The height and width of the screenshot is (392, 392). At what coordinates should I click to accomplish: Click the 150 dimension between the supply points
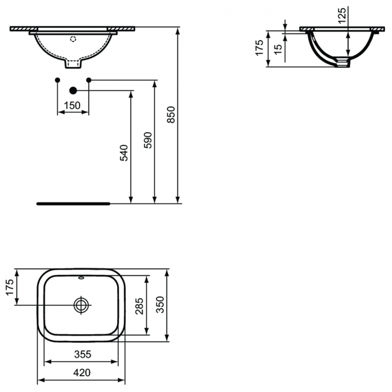tap(72, 106)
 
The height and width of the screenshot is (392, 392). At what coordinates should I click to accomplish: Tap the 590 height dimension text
tap(148, 140)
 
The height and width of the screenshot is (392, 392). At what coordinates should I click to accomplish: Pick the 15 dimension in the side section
tap(278, 49)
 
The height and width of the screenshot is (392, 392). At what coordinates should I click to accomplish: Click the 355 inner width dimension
tap(83, 354)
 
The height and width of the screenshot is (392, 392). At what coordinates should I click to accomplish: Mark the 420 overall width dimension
tap(83, 373)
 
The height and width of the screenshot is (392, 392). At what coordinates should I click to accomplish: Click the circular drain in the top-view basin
tap(82, 305)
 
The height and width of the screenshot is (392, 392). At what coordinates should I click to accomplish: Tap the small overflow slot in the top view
tap(82, 279)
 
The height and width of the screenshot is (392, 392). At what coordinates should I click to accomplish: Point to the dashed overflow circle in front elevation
tap(73, 39)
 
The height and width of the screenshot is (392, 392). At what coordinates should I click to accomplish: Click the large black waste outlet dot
tap(73, 90)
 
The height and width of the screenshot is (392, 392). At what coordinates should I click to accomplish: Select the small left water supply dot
tap(57, 79)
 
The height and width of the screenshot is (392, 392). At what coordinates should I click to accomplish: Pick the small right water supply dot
tap(88, 79)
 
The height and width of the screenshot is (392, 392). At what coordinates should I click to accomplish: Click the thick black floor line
tap(73, 202)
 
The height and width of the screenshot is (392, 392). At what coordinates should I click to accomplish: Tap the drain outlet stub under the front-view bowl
tap(73, 64)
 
